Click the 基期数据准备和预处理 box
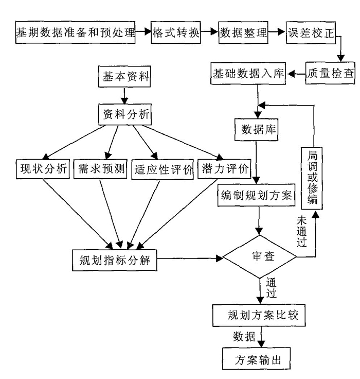pos(74,33)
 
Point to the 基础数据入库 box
pos(248,74)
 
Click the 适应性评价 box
pos(162,169)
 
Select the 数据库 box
pos(256,129)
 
